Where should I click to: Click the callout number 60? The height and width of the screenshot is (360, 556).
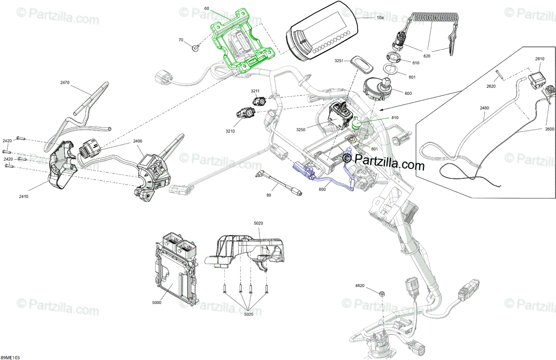point(207,9)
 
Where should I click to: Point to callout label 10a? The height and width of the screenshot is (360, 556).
point(380,18)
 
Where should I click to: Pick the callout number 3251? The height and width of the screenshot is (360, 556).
point(341,61)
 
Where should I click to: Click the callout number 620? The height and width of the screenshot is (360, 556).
point(427,56)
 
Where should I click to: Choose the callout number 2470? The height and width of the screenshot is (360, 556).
point(64,82)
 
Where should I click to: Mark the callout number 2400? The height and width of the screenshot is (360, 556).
point(125,141)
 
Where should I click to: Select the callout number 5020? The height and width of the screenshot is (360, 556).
point(259,224)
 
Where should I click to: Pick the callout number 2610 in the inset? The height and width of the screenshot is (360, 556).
point(540,59)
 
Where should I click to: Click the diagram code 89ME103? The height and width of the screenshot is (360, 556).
point(10,357)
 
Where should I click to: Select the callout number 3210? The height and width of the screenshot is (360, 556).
point(230,132)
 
